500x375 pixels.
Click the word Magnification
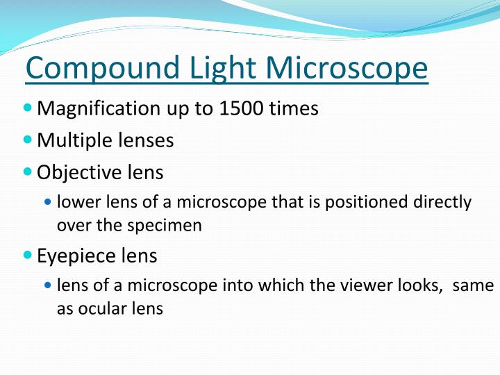98,109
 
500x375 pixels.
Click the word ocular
99,309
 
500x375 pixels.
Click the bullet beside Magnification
28,108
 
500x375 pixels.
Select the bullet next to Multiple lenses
28,140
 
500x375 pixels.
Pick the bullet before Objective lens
28,172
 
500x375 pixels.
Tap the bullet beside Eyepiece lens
28,256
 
